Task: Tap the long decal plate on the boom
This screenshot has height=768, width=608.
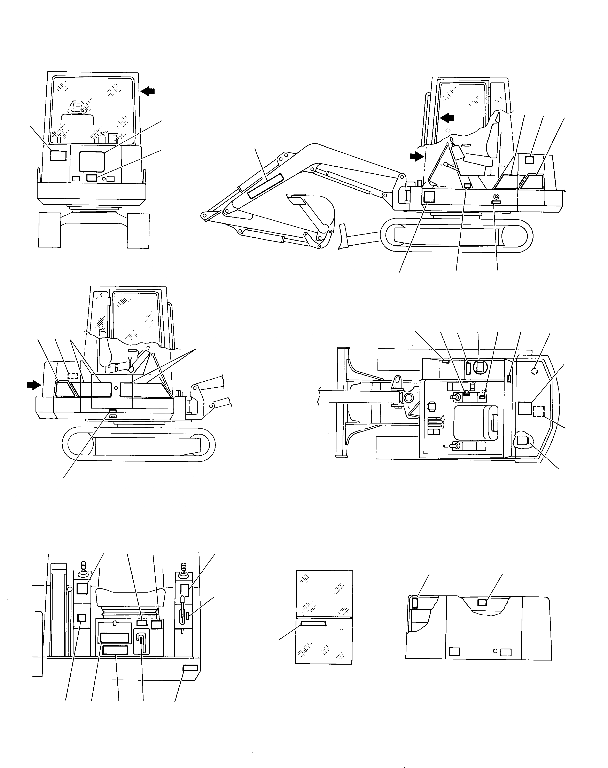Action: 266,186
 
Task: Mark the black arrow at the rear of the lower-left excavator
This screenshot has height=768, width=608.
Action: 34,384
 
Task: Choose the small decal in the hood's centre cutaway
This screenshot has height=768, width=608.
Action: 482,602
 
